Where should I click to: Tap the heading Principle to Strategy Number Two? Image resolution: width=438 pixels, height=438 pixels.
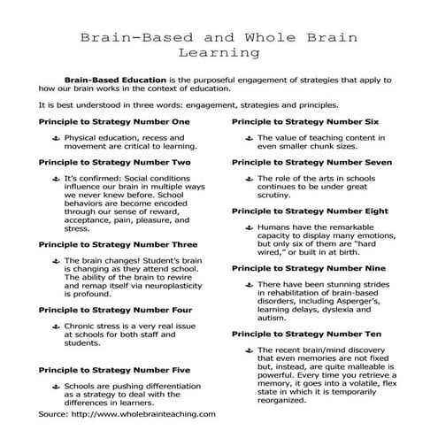114,163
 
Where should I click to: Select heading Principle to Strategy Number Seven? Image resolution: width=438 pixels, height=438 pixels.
311,163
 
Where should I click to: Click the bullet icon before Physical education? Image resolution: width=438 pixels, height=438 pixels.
56,138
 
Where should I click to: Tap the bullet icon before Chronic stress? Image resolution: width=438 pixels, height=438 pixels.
56,328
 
